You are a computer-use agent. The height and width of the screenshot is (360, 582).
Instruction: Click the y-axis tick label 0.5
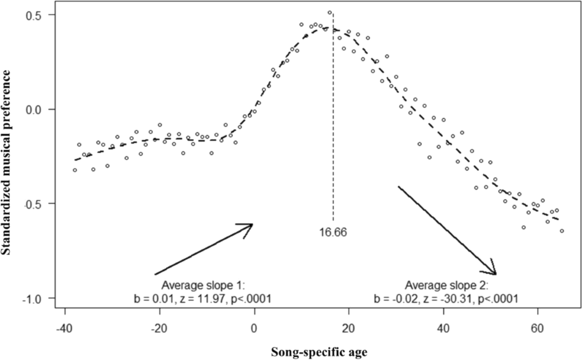39,15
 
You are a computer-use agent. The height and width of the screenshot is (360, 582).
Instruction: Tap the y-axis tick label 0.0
39,109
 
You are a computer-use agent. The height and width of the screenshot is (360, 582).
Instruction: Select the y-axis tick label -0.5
38,204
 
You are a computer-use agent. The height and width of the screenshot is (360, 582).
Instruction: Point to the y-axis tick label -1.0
38,298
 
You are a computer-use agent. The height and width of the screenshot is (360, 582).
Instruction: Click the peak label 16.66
333,231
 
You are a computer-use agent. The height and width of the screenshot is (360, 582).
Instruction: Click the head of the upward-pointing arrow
251,225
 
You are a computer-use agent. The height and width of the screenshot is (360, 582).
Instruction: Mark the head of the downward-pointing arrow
495,274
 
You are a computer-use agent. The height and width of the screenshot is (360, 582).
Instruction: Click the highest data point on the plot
330,13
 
